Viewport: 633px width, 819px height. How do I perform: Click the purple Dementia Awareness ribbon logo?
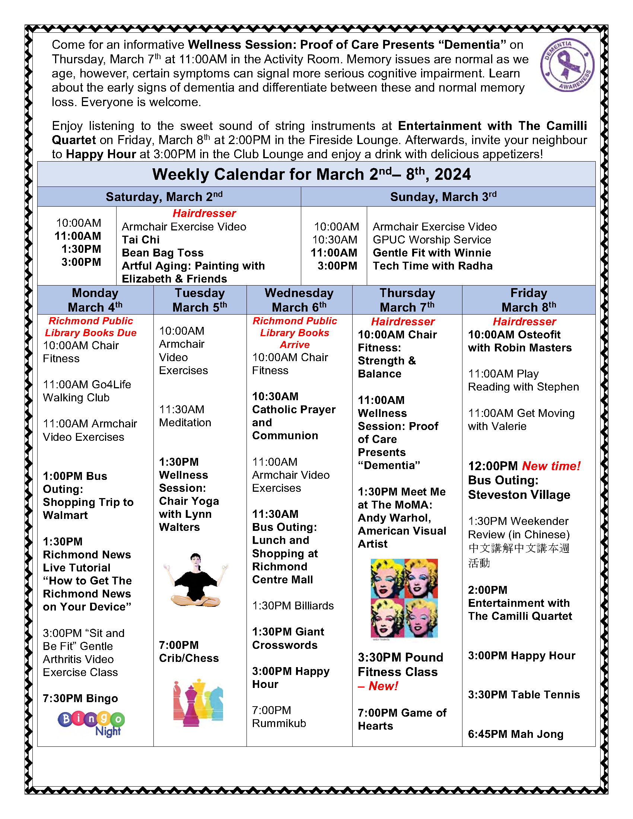[x=567, y=65]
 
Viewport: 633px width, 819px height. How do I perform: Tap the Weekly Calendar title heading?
[x=311, y=174]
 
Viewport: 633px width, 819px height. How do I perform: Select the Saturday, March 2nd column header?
[x=164, y=197]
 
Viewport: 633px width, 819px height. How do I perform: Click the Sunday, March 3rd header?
[x=443, y=197]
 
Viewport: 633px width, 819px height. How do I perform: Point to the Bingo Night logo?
[x=91, y=723]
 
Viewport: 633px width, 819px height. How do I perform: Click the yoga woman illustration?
[x=195, y=580]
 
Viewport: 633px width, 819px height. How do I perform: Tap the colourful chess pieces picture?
[x=198, y=703]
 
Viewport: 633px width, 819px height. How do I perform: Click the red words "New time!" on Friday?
[x=551, y=466]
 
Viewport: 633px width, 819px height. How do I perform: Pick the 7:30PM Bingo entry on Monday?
[x=80, y=698]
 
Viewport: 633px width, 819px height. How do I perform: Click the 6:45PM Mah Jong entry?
[x=516, y=734]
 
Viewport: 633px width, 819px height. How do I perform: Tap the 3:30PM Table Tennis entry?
[x=524, y=695]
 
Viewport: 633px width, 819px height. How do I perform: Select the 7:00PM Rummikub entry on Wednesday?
[x=279, y=717]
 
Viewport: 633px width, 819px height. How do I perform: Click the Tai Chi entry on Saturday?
[x=141, y=240]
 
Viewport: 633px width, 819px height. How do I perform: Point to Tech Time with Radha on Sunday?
[x=432, y=266]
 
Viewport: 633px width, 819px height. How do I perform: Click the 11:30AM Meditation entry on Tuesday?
[x=185, y=416]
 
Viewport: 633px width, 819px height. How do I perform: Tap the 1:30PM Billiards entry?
[x=293, y=606]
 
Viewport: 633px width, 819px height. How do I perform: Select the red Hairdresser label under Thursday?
[x=403, y=321]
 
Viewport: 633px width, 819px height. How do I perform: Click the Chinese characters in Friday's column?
[x=519, y=555]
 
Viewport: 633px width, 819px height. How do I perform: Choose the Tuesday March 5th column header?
[x=200, y=300]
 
